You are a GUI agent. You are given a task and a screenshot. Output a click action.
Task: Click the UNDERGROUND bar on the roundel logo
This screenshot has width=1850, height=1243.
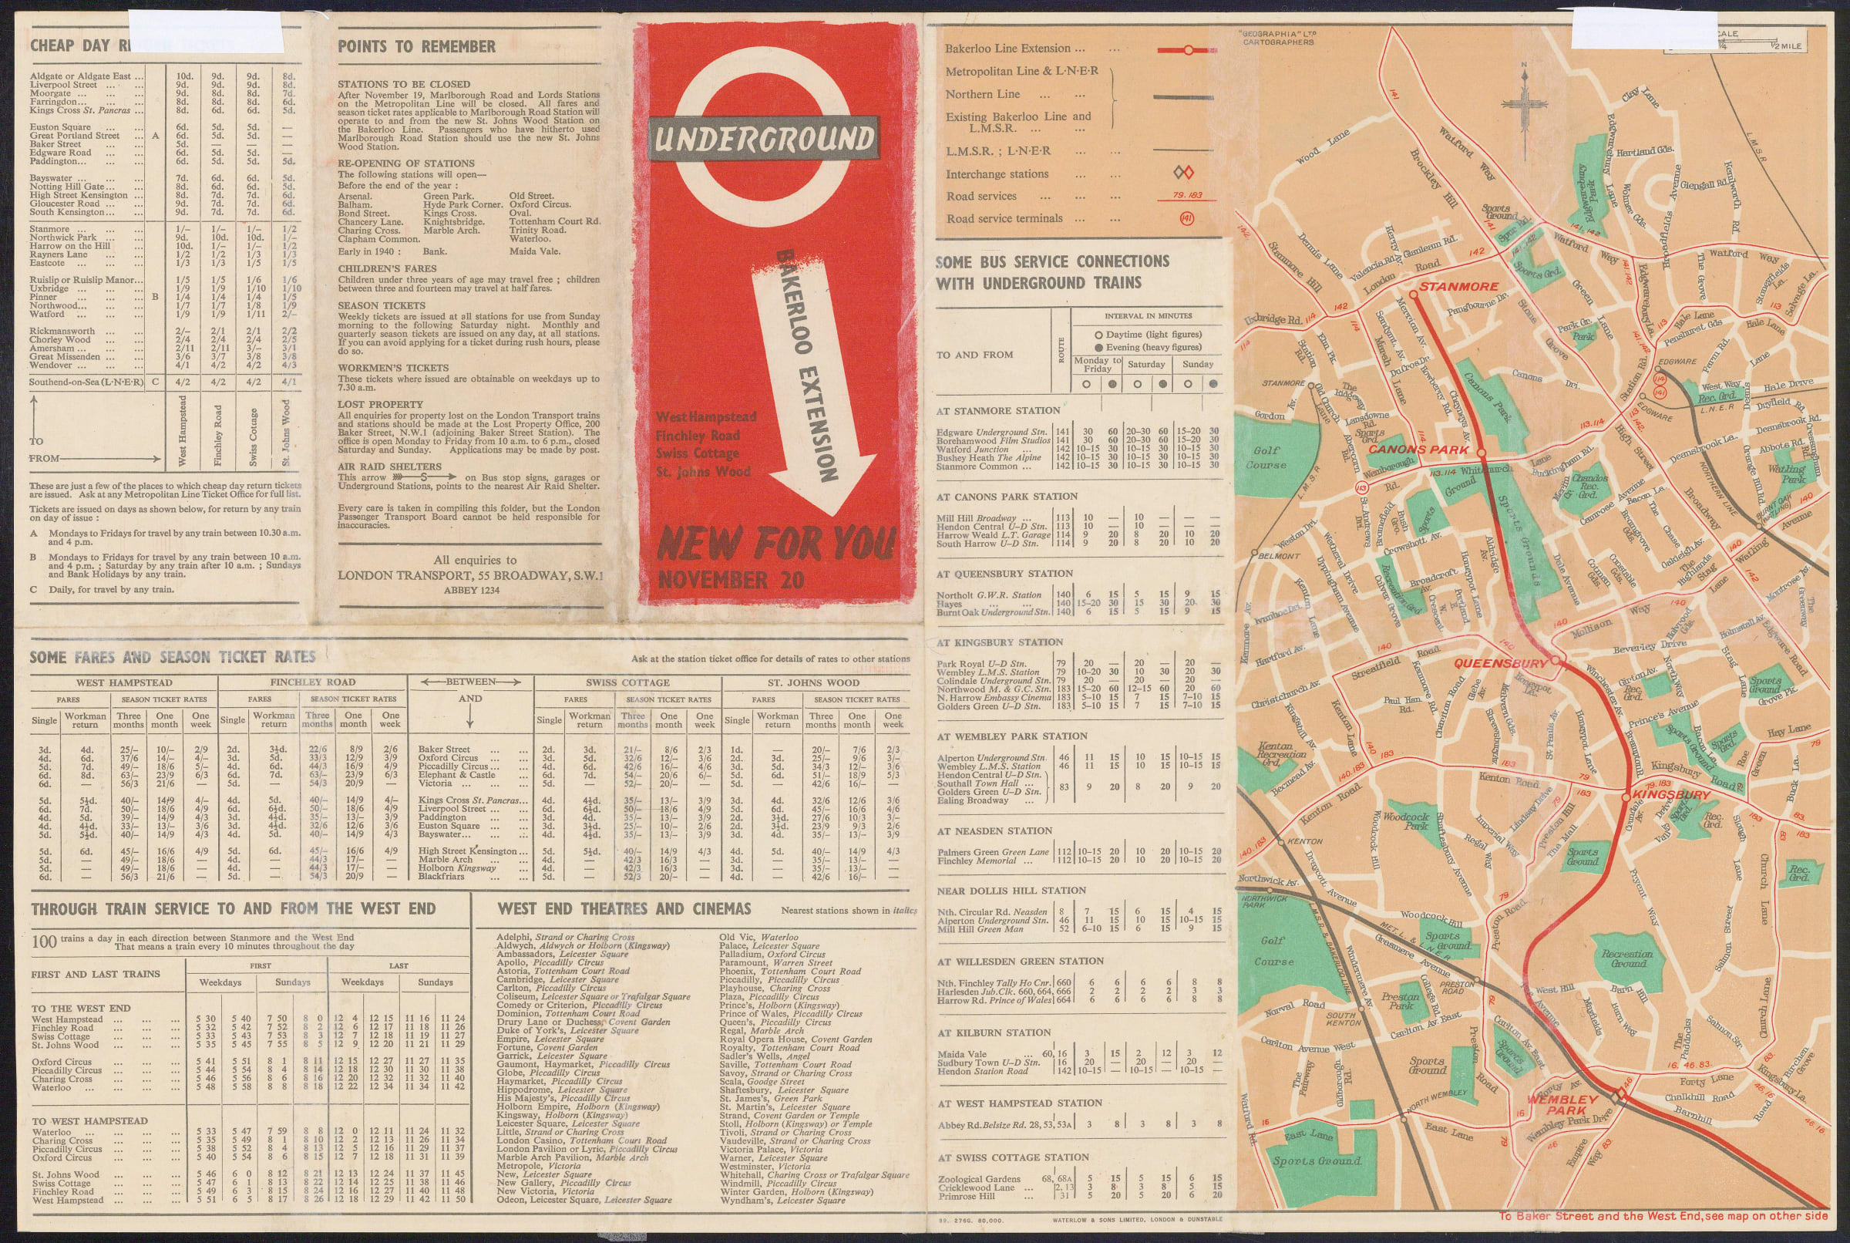click(x=764, y=140)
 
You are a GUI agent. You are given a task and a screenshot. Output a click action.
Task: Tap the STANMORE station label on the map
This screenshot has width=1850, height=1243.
click(x=1458, y=286)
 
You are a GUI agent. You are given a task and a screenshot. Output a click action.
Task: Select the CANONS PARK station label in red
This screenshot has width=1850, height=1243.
click(x=1419, y=450)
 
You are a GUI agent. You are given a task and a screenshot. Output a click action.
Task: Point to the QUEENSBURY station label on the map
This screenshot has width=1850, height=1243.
click(x=1500, y=662)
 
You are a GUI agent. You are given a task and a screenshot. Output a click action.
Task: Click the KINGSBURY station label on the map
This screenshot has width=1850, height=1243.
click(x=1671, y=794)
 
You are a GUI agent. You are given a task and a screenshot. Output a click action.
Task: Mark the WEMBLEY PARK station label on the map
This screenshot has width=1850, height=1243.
click(x=1562, y=1104)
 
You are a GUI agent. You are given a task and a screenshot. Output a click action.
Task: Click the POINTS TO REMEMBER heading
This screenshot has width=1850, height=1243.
click(x=417, y=47)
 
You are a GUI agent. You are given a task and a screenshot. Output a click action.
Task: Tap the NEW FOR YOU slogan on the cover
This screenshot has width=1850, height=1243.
click(x=775, y=544)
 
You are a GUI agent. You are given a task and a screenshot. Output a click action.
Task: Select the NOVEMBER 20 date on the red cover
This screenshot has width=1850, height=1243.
click(x=731, y=581)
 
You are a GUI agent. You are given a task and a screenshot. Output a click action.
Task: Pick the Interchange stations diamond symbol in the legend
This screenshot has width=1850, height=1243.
click(x=1183, y=173)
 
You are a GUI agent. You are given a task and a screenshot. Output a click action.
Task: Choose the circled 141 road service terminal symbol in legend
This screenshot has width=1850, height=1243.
click(x=1186, y=218)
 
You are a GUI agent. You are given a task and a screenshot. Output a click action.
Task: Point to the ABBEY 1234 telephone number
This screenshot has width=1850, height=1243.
click(x=471, y=590)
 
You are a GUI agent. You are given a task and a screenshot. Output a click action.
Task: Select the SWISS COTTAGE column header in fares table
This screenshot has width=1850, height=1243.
click(x=627, y=682)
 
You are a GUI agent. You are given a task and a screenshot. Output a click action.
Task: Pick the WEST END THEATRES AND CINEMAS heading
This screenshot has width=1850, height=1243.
click(x=624, y=909)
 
